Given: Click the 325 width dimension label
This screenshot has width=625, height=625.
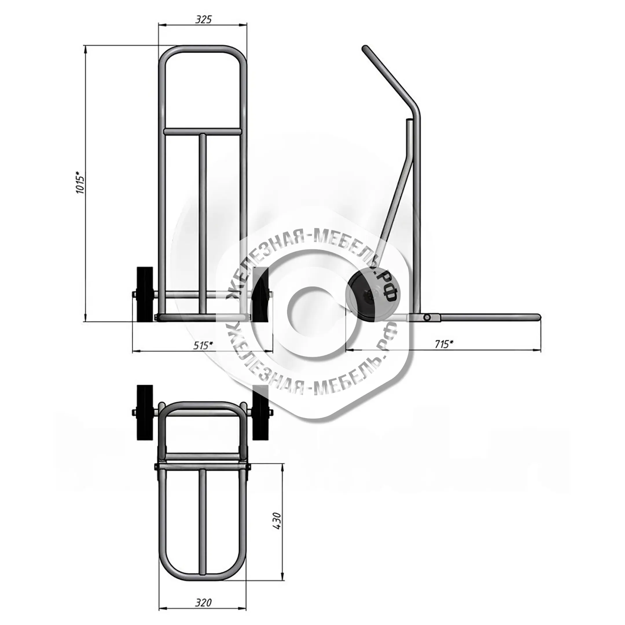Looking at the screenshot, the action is pos(203,19).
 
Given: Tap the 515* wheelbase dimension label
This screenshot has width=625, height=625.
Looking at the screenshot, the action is pos(203,345).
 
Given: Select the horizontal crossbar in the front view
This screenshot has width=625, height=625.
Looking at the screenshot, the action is pos(203,131).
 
